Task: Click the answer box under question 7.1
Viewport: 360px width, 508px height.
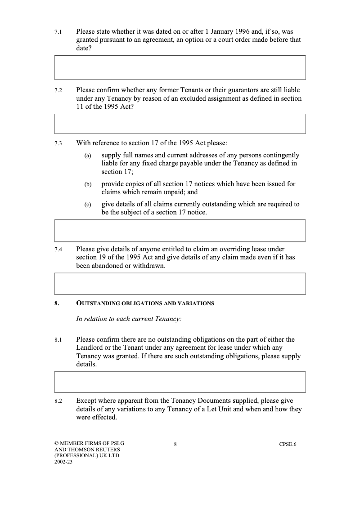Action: pyautogui.click(x=180, y=67)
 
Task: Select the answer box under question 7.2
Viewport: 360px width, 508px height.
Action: pyautogui.click(x=180, y=124)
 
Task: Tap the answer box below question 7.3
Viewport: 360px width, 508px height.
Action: pyautogui.click(x=180, y=231)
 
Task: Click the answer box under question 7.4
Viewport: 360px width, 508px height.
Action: pyautogui.click(x=180, y=284)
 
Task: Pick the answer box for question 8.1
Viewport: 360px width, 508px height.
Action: pyautogui.click(x=180, y=382)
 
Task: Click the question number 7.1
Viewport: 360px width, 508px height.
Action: pyautogui.click(x=58, y=33)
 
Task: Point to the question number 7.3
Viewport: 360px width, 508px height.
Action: pyautogui.click(x=58, y=144)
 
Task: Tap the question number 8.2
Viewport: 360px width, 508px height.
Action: pyautogui.click(x=58, y=401)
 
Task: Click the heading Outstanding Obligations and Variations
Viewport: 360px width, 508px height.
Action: pyautogui.click(x=145, y=303)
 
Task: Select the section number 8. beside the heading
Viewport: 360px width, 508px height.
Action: pyautogui.click(x=57, y=303)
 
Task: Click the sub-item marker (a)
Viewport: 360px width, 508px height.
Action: pyautogui.click(x=88, y=156)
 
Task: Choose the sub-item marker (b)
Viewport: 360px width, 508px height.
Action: pyautogui.click(x=88, y=184)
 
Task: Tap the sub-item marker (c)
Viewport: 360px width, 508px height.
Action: pyautogui.click(x=88, y=205)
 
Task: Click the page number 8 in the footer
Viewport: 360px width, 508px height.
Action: pyautogui.click(x=175, y=445)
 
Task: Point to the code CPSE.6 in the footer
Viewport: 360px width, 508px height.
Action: pyautogui.click(x=288, y=445)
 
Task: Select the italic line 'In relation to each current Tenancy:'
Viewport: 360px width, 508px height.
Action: pyautogui.click(x=129, y=319)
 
